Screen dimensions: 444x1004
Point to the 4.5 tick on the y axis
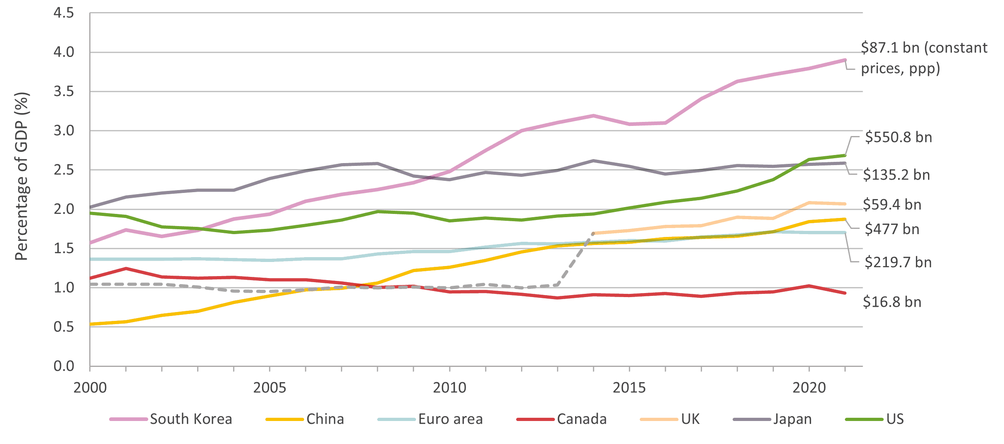[x=64, y=13]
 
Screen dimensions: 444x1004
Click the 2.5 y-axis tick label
[x=64, y=170]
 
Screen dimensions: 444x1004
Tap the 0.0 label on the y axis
[x=64, y=366]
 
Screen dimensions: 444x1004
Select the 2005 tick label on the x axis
[x=269, y=387]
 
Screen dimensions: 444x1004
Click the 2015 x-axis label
[x=629, y=387]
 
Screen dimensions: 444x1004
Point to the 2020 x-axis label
[x=809, y=387]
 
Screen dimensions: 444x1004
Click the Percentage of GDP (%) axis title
[x=22, y=176]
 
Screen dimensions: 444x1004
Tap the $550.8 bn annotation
[x=898, y=137]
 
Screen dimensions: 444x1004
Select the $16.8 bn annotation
[x=892, y=302]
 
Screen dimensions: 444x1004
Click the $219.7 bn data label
[x=898, y=262]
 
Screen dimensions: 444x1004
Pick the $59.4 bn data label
[x=892, y=205]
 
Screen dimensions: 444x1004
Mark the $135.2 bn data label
[x=896, y=175]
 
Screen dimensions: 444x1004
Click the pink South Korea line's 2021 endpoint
[x=845, y=60]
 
